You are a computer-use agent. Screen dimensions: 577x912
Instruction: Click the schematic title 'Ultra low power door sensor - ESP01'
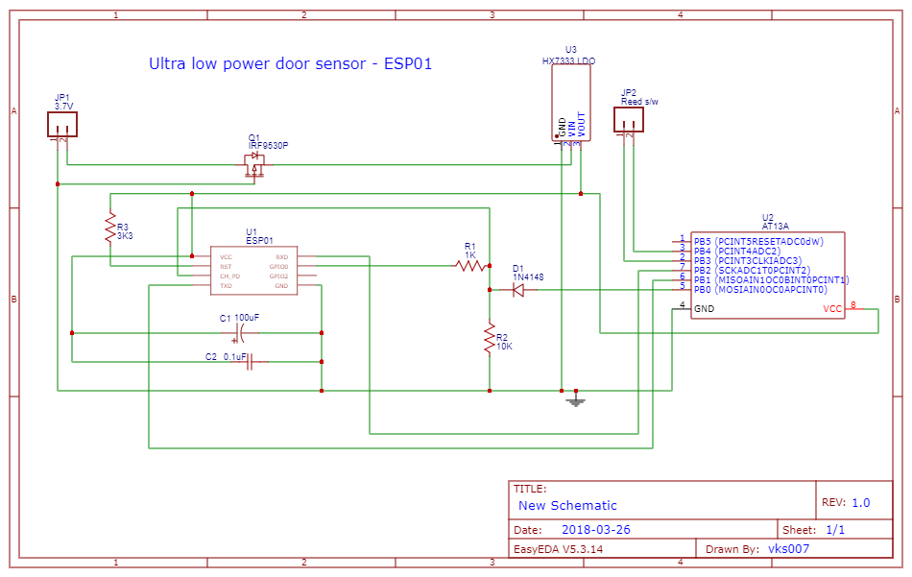tap(290, 64)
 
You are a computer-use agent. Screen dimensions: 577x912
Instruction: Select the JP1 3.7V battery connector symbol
tap(62, 124)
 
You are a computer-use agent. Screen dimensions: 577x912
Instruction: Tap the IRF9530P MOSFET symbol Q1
tap(255, 165)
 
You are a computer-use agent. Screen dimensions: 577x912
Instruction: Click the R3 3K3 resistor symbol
tap(110, 228)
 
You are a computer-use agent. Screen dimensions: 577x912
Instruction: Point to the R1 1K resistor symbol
tap(471, 266)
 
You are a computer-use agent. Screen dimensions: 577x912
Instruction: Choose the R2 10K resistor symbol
tap(490, 339)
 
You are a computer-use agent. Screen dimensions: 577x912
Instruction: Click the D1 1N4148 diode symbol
tap(518, 290)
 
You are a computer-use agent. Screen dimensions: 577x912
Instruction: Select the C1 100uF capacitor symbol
tap(240, 333)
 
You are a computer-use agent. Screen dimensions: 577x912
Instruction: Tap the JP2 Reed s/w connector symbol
tap(629, 119)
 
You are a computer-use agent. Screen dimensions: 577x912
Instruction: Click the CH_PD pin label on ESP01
tap(229, 276)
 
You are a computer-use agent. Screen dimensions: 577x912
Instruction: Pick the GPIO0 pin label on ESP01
tap(278, 267)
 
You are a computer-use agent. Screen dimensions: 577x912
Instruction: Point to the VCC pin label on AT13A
tap(832, 309)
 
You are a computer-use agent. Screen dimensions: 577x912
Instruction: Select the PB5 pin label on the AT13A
tap(702, 241)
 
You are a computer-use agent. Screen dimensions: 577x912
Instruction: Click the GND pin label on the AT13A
tap(704, 309)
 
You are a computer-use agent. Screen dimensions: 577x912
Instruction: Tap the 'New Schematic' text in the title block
tap(567, 505)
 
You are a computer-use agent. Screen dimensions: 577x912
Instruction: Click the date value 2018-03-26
tap(595, 530)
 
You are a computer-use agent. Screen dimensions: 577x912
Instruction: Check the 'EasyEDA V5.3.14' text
tap(558, 550)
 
